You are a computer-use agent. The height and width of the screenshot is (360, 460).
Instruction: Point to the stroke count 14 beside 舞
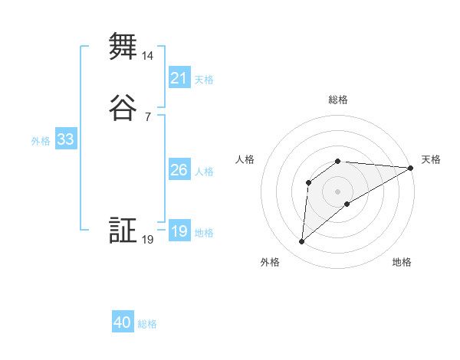(x=148, y=56)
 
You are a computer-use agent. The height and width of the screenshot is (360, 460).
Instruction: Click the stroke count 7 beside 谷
(x=148, y=117)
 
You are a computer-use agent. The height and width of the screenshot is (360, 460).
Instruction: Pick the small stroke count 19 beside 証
(x=148, y=240)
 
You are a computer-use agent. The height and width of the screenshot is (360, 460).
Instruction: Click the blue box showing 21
(x=179, y=77)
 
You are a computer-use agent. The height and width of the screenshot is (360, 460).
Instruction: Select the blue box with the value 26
(x=179, y=170)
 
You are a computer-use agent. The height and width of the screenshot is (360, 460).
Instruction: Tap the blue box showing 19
(x=179, y=231)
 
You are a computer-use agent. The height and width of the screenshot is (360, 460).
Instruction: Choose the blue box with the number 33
(x=65, y=140)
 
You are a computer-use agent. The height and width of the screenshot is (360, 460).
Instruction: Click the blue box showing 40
(x=123, y=322)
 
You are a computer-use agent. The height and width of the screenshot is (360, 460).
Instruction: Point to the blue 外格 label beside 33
(x=41, y=141)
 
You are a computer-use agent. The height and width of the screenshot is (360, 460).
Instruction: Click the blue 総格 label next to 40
(x=147, y=324)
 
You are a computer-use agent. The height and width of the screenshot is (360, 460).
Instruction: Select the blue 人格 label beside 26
(x=204, y=171)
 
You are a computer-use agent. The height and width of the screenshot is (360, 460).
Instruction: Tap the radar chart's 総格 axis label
(x=338, y=100)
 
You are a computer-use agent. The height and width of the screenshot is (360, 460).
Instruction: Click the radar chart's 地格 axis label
(x=402, y=262)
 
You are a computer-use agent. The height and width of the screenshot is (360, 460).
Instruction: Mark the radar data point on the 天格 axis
(x=411, y=168)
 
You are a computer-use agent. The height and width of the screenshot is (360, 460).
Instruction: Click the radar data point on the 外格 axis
(x=301, y=242)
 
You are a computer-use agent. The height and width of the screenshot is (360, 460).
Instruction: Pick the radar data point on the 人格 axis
(x=308, y=182)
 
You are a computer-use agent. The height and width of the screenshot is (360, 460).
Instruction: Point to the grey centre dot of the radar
(x=338, y=191)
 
